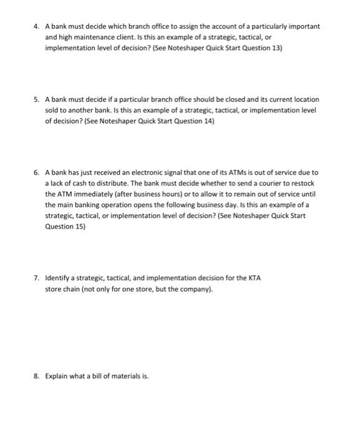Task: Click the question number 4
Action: click(36, 26)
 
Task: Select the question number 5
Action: click(36, 99)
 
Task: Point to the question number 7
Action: click(36, 278)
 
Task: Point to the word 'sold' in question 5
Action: click(53, 110)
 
